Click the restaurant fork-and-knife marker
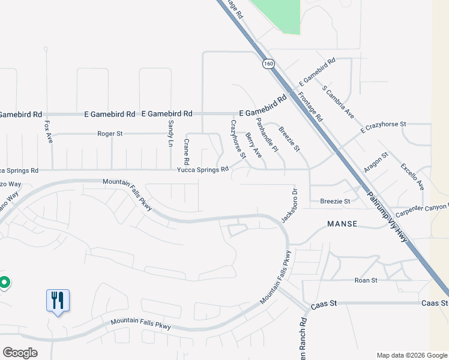point(58,299)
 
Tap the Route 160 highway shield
point(266,62)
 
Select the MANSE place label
point(342,224)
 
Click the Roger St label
point(110,134)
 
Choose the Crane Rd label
point(187,152)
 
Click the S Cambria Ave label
point(338,101)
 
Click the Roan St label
point(366,280)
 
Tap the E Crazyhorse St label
point(383,127)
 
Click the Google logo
point(20,353)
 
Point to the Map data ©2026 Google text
point(412,355)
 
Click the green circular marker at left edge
point(4,281)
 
